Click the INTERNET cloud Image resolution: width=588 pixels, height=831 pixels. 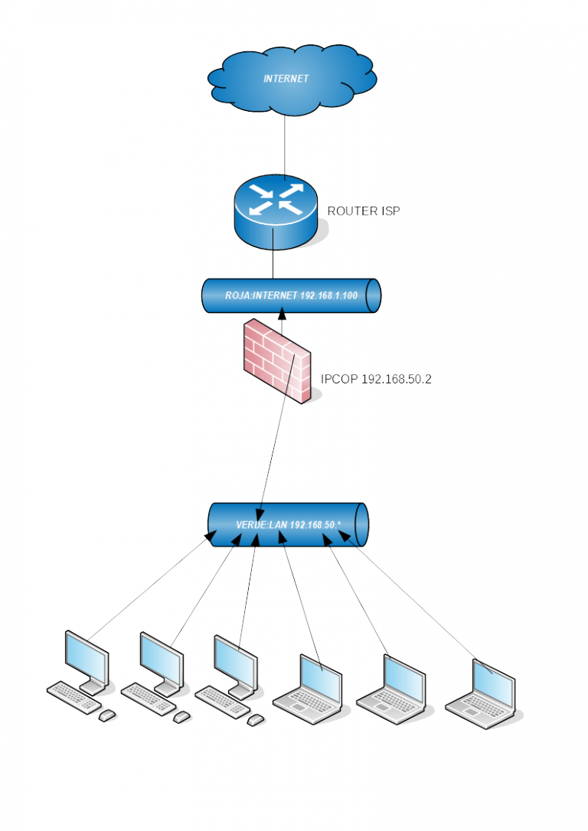292,80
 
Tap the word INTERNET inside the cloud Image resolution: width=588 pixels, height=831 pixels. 286,79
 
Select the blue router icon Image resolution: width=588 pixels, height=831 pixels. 276,212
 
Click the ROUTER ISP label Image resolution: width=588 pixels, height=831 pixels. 363,211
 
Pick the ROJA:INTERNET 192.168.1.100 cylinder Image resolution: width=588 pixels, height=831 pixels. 291,295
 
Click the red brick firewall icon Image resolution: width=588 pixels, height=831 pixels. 276,361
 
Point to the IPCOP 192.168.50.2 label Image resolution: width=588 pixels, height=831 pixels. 376,379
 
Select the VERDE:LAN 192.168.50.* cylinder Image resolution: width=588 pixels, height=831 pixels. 288,525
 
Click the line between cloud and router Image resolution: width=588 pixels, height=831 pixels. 285,145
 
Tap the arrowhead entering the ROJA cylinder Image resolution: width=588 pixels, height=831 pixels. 282,314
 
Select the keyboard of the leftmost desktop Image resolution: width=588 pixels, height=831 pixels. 73,697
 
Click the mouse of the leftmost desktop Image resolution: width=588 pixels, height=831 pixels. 107,715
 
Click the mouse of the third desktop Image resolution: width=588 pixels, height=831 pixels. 256,720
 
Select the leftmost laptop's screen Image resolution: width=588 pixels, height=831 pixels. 320,679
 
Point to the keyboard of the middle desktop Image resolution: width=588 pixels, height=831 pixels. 149,699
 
